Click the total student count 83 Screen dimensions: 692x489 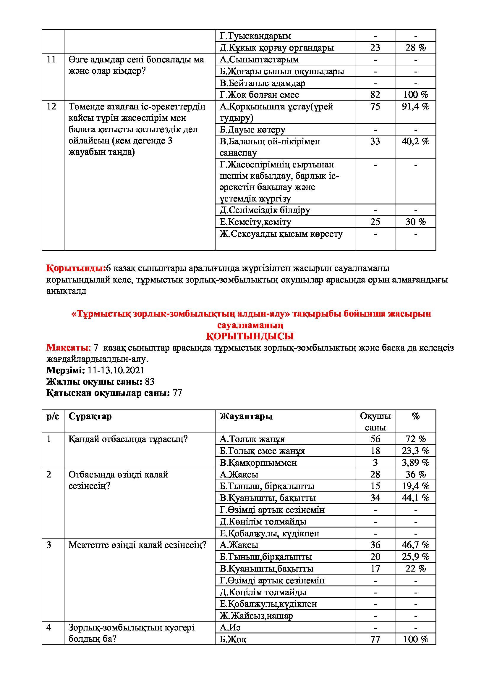coord(150,382)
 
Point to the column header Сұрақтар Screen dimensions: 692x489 coord(90,416)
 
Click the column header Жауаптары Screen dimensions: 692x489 coord(246,416)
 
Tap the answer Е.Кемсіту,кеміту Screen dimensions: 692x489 coord(255,222)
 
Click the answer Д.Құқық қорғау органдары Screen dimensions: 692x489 coord(277,48)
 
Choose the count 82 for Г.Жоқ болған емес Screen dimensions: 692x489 coord(375,95)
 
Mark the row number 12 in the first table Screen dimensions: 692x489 coord(51,107)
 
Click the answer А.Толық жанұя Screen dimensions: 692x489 coord(252,439)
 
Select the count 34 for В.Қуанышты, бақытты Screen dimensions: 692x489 coord(375,498)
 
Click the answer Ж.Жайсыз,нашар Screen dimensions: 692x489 coord(256,616)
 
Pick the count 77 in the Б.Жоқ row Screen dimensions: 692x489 coord(375,639)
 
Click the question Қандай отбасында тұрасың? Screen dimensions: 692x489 coord(128,439)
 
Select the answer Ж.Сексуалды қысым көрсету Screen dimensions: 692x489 coord(281,234)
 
